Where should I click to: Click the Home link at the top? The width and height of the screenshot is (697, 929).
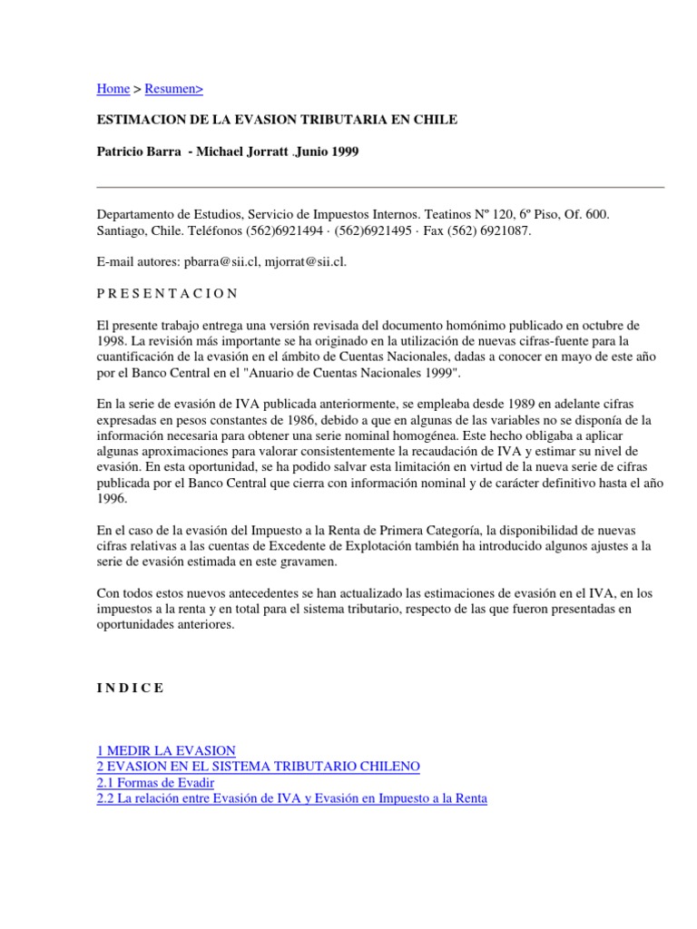coord(113,88)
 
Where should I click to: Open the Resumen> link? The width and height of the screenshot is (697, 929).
coord(174,88)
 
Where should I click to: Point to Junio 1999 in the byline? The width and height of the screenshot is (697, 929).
coord(329,152)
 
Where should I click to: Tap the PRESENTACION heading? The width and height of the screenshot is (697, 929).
coord(167,293)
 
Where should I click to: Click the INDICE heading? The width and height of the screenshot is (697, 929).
coord(131,688)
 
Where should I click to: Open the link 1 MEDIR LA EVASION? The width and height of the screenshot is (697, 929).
coord(166,750)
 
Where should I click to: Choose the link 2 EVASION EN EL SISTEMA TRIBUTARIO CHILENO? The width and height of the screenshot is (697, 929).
coord(259,767)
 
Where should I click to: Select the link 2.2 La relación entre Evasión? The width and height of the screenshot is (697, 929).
coord(291,798)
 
